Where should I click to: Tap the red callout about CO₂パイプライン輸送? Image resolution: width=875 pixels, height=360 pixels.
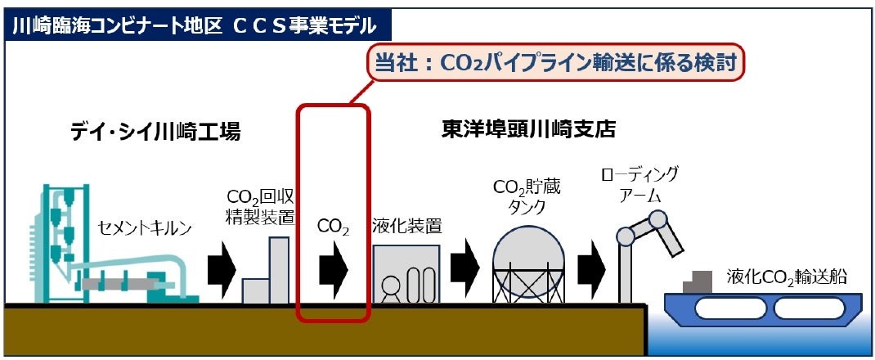click(x=556, y=62)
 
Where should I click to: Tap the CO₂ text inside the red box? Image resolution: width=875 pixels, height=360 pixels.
click(x=333, y=227)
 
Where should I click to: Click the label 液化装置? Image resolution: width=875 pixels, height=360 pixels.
click(x=406, y=225)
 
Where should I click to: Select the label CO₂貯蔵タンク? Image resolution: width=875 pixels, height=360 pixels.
click(x=527, y=196)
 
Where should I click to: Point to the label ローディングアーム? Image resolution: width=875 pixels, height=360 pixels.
click(x=639, y=183)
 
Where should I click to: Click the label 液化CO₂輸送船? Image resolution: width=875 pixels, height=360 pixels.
click(x=786, y=278)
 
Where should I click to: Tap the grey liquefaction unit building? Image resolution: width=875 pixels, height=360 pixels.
click(x=406, y=274)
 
